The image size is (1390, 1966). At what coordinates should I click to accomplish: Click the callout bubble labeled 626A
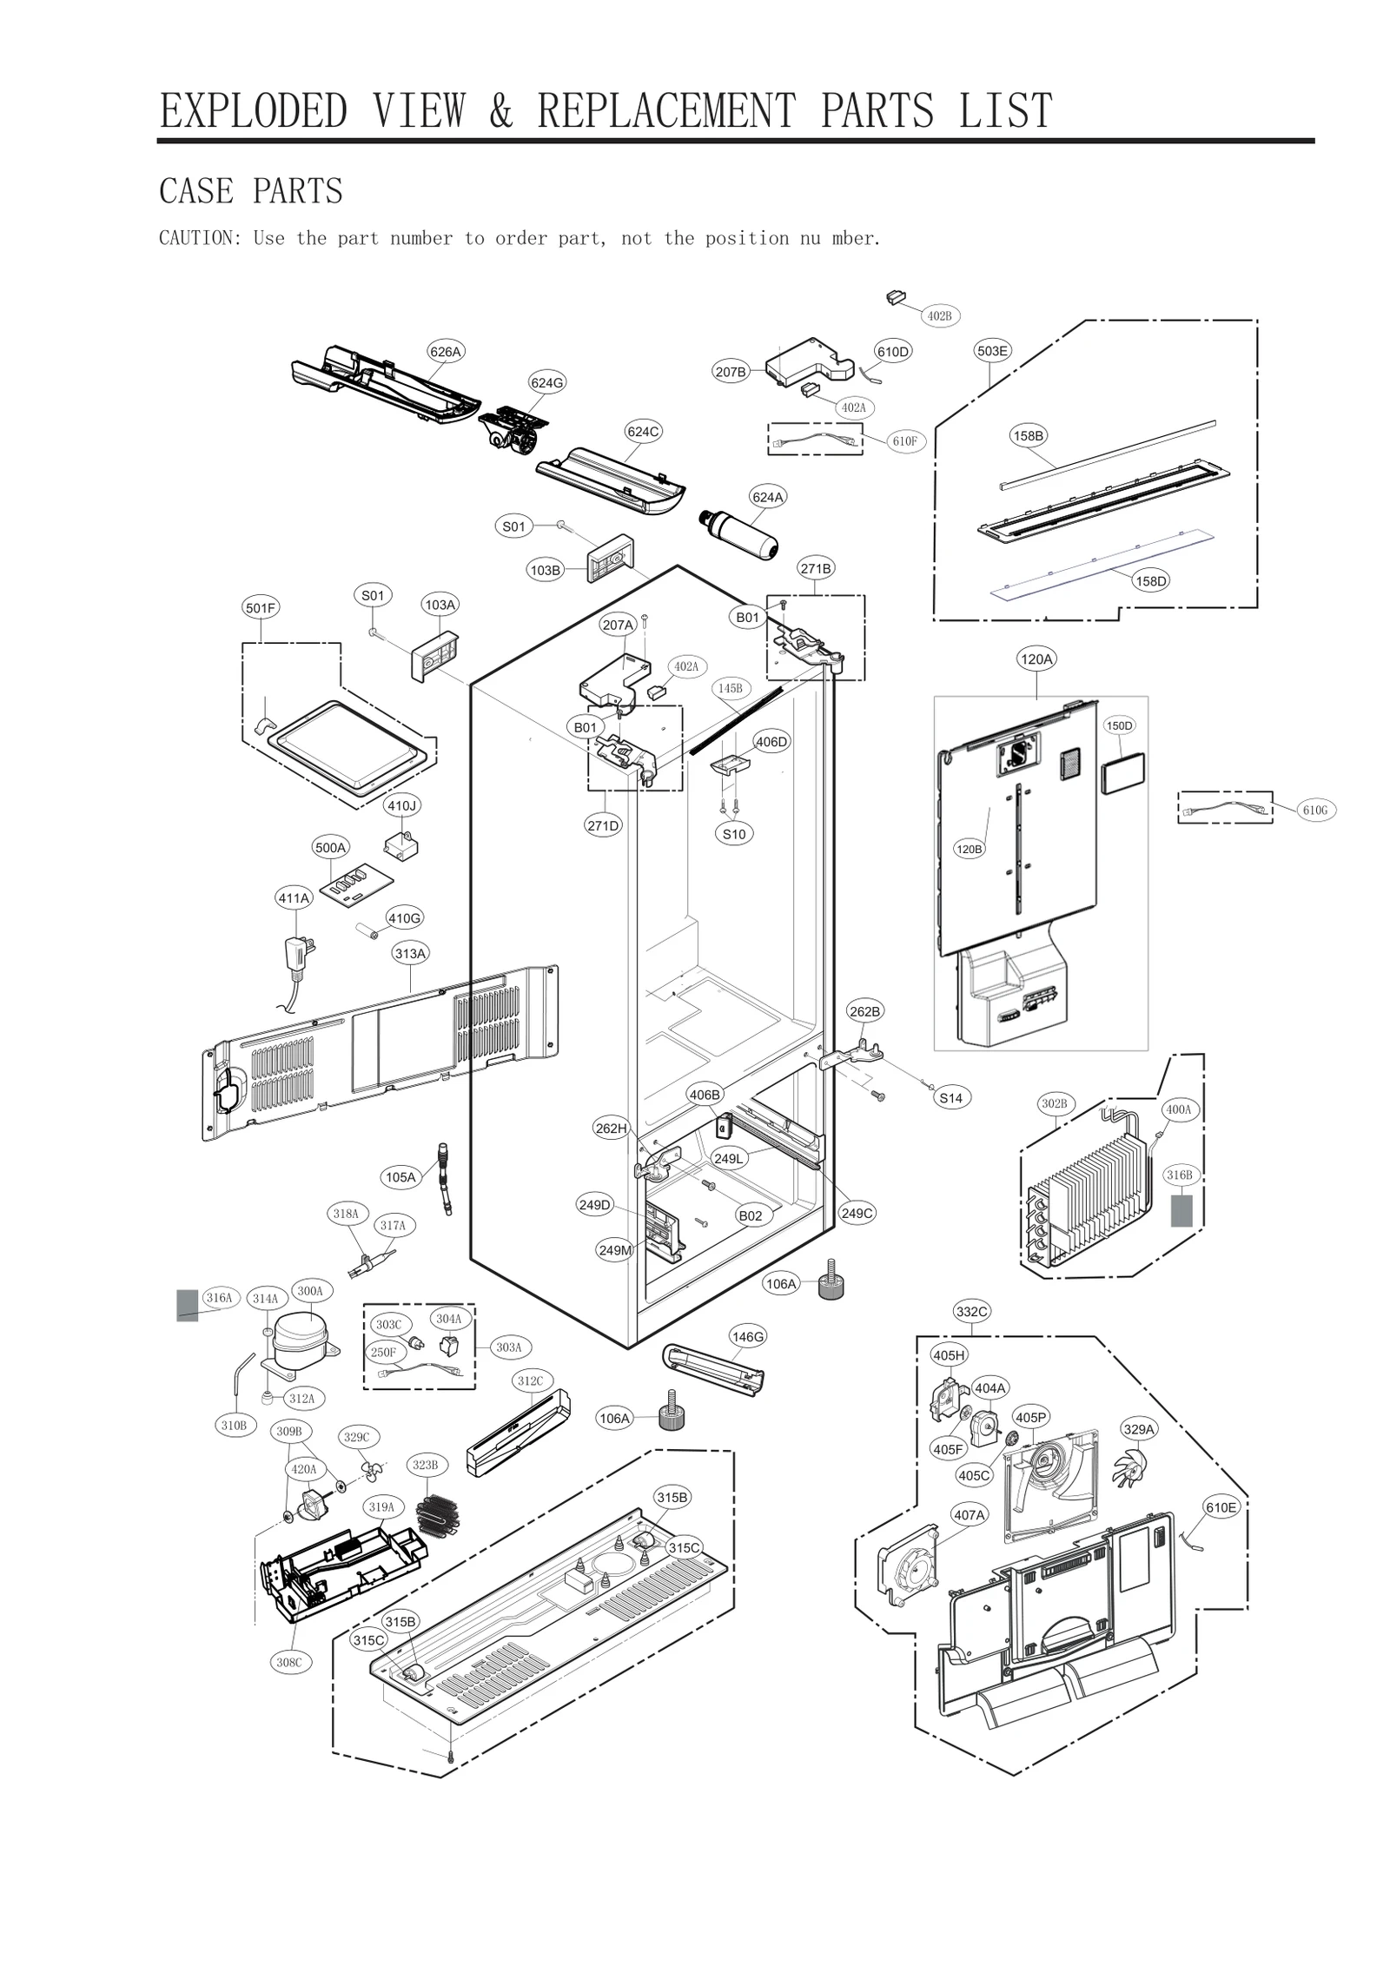[x=445, y=352]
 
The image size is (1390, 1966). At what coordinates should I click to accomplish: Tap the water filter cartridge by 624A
[x=738, y=536]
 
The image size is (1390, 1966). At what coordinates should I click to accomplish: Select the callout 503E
[x=992, y=351]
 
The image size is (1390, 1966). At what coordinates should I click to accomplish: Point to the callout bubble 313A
[x=411, y=953]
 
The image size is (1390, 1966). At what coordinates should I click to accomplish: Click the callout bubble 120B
[x=969, y=849]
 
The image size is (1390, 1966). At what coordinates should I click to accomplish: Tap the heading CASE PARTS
[x=251, y=191]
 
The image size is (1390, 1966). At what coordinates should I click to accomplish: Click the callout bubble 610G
[x=1315, y=811]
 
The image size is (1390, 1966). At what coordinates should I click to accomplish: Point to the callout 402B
[x=939, y=316]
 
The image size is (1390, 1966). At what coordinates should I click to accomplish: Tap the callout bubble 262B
[x=864, y=1011]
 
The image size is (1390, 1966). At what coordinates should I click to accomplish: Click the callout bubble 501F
[x=261, y=608]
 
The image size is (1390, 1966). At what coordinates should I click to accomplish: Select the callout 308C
[x=289, y=1662]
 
